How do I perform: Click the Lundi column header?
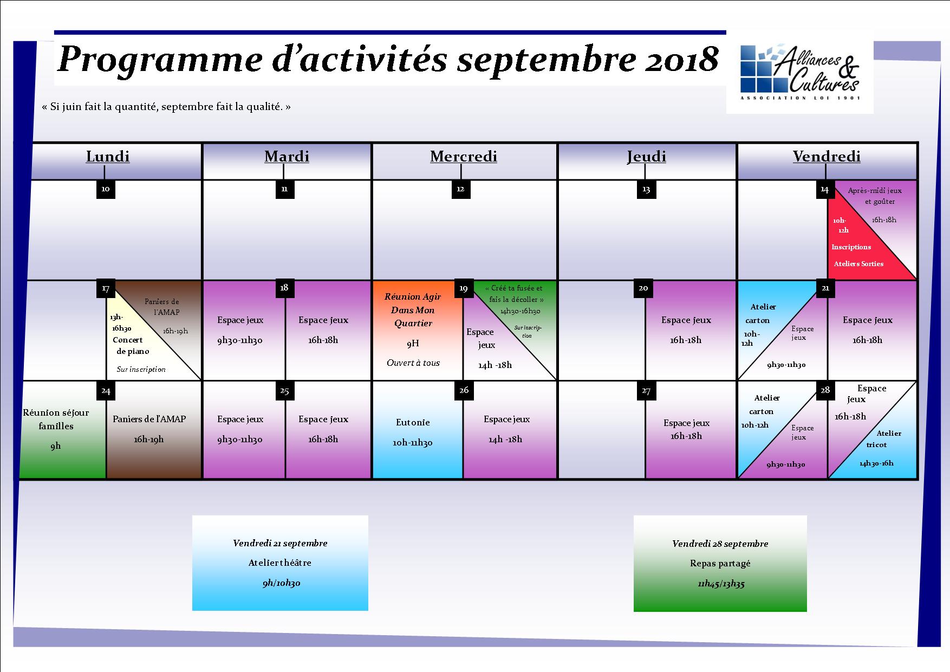(108, 157)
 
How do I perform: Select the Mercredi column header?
(464, 157)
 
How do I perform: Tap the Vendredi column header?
(827, 157)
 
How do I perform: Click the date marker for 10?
(106, 189)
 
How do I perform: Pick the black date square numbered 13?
(646, 189)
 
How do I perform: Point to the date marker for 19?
(463, 288)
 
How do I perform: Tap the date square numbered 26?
(464, 390)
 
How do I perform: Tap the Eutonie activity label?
(413, 423)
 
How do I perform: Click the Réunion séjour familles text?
(56, 419)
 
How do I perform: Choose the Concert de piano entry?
(131, 345)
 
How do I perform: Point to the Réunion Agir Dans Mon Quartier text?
(413, 310)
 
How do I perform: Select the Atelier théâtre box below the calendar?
(280, 563)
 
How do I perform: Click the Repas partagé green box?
(720, 564)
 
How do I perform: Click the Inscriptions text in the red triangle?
(851, 247)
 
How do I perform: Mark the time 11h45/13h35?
(720, 584)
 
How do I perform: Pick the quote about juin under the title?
(166, 107)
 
